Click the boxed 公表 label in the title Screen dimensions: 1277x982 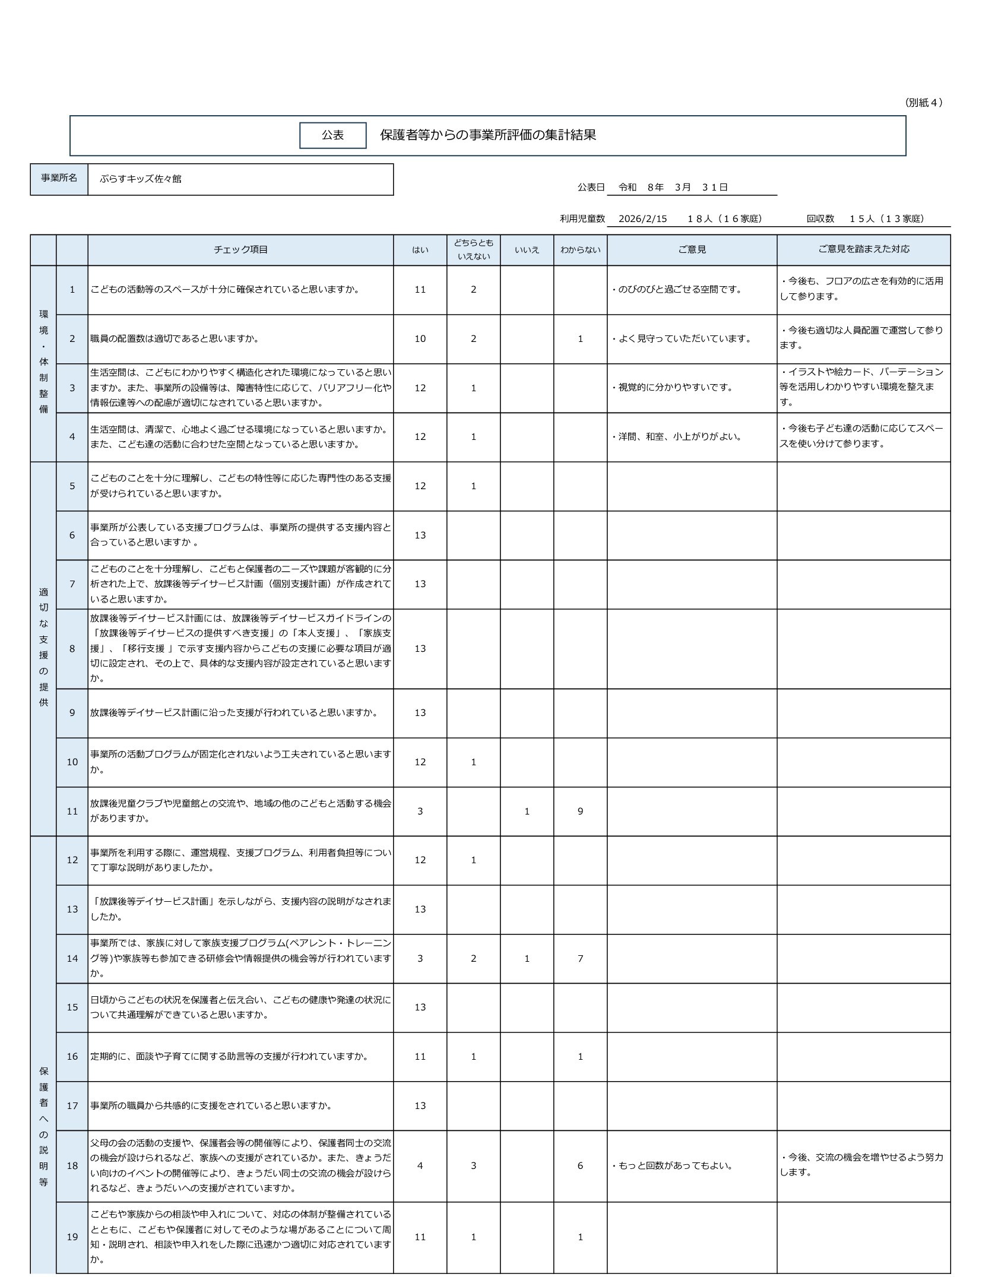click(x=332, y=135)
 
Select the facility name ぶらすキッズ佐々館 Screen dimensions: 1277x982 click(x=141, y=179)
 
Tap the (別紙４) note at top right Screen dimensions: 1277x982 click(x=924, y=103)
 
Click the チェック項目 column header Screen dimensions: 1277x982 click(x=240, y=250)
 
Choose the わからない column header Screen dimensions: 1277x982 click(x=580, y=250)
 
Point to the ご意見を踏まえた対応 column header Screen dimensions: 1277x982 click(x=863, y=249)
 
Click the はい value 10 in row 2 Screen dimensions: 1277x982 click(x=420, y=339)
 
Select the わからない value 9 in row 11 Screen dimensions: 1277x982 click(x=580, y=811)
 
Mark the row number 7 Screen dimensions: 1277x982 click(x=72, y=584)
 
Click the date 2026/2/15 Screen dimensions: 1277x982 click(x=642, y=218)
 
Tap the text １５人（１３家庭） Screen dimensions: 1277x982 click(x=886, y=218)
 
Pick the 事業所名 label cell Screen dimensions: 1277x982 click(x=59, y=178)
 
